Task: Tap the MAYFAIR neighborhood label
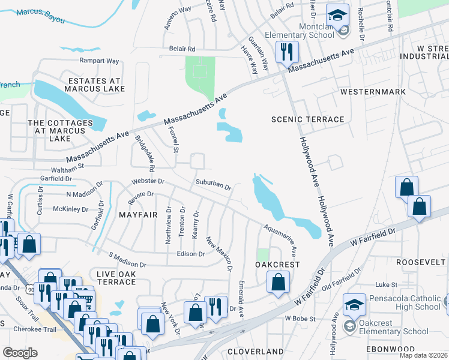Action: pos(137,214)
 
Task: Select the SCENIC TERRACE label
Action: pos(308,119)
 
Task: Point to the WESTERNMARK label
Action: pos(372,92)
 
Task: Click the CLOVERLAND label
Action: pos(256,351)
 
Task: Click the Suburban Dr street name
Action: pos(212,184)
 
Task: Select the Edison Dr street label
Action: pos(191,254)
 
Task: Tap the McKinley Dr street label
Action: pos(71,209)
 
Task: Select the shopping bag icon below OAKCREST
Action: pos(278,281)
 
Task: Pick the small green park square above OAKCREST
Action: pos(263,254)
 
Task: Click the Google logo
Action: pos(20,353)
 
